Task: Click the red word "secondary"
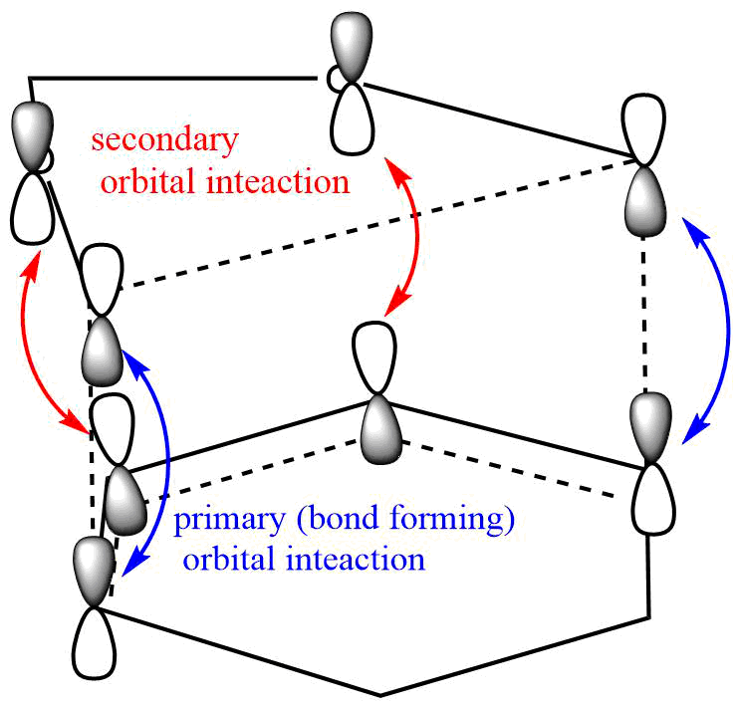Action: [x=164, y=139]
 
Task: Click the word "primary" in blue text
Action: [x=222, y=520]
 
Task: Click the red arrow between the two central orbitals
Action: [x=410, y=239]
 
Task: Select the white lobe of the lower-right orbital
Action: [x=652, y=499]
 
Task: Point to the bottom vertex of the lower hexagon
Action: [x=379, y=694]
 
